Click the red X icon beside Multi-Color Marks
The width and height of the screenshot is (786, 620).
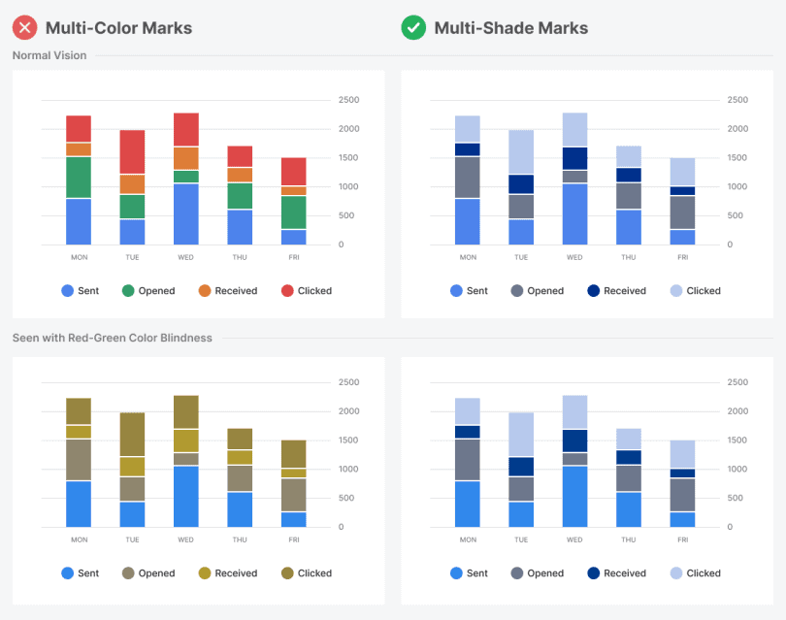click(24, 27)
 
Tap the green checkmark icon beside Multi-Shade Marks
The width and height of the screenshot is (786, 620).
click(413, 27)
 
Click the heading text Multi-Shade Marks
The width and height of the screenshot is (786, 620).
click(510, 27)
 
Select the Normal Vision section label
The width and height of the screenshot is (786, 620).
click(49, 55)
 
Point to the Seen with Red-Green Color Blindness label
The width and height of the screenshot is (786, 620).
click(112, 338)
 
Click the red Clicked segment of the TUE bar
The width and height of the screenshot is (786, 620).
click(132, 151)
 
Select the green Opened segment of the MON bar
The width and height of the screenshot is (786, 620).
click(79, 177)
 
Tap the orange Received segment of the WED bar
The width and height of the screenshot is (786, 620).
click(185, 158)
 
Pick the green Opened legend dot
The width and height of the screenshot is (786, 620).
click(128, 290)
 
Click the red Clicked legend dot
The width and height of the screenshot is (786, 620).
click(287, 290)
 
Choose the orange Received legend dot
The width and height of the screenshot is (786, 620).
click(205, 290)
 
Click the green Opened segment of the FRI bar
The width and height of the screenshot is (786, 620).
click(293, 212)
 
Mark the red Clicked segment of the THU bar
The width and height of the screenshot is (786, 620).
click(240, 156)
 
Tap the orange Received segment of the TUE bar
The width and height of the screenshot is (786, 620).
click(132, 184)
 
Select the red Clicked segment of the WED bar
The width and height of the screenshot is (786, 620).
click(185, 129)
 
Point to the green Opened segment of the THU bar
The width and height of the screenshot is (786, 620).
click(240, 196)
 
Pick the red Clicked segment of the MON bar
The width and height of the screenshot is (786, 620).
click(79, 129)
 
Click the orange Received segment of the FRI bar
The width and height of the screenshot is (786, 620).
click(293, 190)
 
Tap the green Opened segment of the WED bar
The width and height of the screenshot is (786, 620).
click(185, 177)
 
